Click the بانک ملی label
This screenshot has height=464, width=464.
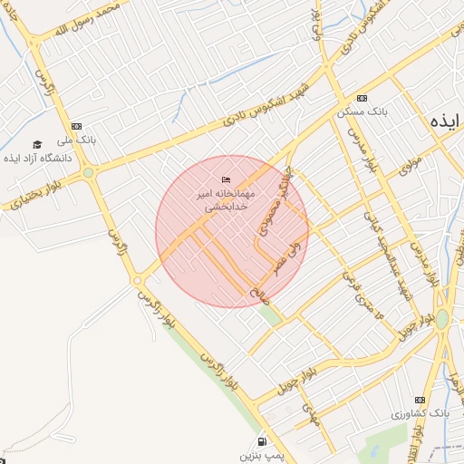76,140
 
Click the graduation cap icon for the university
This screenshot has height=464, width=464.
37,144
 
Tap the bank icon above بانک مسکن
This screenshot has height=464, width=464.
362,98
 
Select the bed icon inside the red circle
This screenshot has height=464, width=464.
226,180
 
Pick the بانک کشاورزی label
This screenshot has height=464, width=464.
420,413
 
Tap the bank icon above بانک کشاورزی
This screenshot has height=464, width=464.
420,399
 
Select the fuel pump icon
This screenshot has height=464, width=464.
263,440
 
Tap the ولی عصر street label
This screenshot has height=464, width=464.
292,255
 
